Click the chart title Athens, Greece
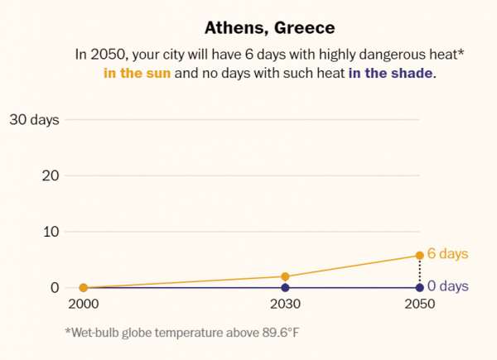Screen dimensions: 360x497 click(x=270, y=28)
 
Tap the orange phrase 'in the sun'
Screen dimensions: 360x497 click(x=137, y=74)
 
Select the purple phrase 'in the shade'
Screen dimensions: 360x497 click(x=390, y=74)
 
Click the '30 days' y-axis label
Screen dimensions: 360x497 click(x=34, y=119)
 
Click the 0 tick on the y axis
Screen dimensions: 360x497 click(x=55, y=287)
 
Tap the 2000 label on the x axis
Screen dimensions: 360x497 click(x=83, y=305)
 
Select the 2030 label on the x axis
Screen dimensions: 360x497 click(x=285, y=305)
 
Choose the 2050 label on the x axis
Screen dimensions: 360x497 click(x=419, y=305)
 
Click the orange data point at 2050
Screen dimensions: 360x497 click(x=419, y=255)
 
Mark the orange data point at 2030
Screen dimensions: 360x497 click(x=285, y=276)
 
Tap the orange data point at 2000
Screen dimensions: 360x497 click(x=83, y=287)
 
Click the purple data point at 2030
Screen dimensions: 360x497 click(x=285, y=287)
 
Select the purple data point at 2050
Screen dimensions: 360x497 click(x=419, y=287)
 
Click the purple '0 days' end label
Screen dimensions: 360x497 click(x=447, y=287)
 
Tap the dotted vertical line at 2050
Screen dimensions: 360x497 click(x=419, y=271)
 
